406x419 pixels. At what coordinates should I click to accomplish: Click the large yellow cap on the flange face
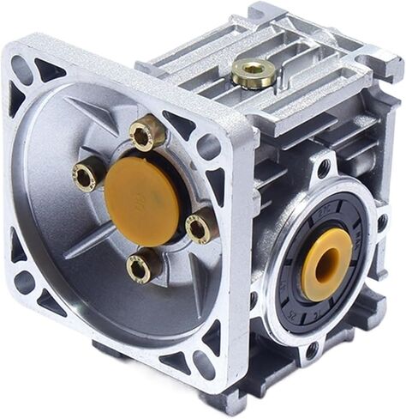click(141, 199)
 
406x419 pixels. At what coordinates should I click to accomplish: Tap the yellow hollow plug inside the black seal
click(326, 264)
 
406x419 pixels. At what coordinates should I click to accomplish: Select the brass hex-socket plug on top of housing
click(253, 73)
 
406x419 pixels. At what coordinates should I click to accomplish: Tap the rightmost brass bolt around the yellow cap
click(200, 228)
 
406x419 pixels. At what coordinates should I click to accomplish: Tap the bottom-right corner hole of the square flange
click(204, 364)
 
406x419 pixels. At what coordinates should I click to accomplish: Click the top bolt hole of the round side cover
click(324, 168)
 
